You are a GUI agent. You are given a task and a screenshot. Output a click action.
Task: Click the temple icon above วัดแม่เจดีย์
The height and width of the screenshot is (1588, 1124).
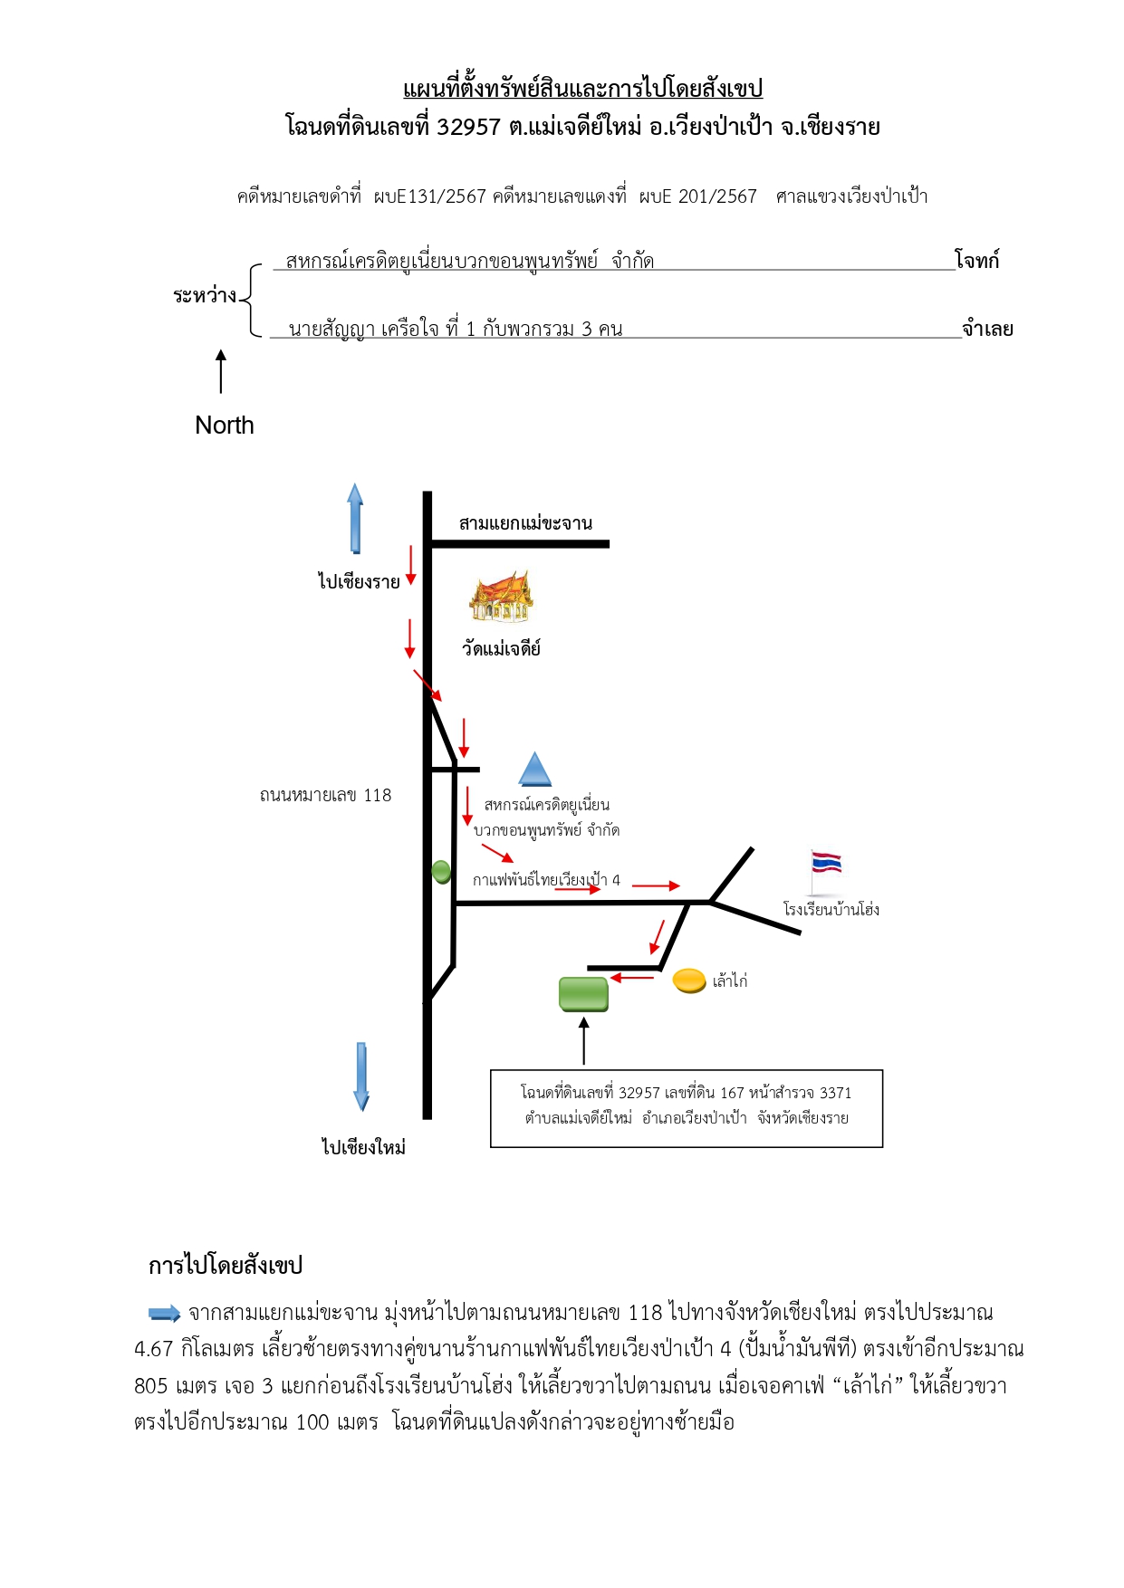(x=501, y=597)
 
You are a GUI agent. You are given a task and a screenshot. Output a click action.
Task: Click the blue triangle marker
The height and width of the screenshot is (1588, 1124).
(x=535, y=769)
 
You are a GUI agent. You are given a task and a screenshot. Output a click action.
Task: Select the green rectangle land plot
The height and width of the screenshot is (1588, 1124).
(x=583, y=994)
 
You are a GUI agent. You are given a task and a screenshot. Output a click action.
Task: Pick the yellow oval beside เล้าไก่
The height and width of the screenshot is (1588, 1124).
(x=689, y=981)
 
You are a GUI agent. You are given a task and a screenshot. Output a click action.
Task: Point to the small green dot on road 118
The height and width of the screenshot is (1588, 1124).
(x=441, y=871)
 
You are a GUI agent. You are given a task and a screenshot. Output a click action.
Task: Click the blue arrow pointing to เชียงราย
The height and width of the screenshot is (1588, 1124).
(x=355, y=518)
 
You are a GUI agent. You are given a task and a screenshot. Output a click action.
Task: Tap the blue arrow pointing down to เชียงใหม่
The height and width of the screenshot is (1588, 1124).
(x=361, y=1076)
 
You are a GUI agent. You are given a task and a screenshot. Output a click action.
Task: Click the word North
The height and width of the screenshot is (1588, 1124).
(x=225, y=426)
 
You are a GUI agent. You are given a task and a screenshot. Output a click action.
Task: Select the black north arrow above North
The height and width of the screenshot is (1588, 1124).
(x=220, y=371)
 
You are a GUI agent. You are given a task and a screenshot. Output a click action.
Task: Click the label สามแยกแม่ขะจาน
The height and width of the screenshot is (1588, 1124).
(x=525, y=523)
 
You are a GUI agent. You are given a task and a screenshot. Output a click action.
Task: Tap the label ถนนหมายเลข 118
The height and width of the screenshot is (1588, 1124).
(x=325, y=795)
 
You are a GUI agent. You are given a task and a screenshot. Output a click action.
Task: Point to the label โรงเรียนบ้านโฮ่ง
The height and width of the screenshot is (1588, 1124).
(x=831, y=909)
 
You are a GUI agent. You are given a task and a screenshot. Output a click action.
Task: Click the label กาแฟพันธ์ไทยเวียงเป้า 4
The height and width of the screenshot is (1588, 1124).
(x=546, y=879)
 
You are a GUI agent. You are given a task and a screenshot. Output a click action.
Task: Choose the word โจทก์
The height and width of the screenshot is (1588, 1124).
(x=977, y=261)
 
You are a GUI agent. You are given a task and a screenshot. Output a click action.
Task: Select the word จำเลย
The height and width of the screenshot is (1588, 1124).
(x=987, y=329)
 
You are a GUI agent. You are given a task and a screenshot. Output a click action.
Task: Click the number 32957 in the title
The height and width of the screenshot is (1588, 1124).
(x=468, y=127)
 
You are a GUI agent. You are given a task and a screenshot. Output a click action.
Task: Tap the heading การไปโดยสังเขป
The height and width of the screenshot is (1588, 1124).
(x=226, y=1265)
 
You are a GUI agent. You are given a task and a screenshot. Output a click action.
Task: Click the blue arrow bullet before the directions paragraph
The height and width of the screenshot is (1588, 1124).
(x=165, y=1314)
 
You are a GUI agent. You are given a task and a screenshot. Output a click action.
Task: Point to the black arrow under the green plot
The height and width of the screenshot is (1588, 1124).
(x=583, y=1040)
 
